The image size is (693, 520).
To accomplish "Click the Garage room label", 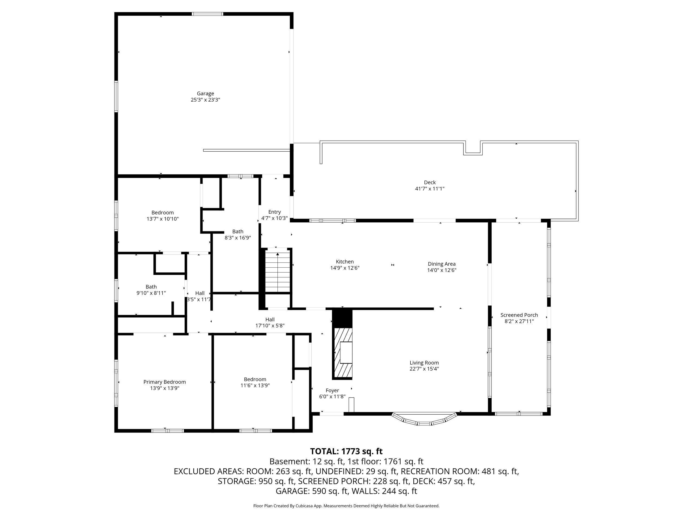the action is coord(205,93).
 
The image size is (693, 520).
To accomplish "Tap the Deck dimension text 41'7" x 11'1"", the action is coord(430,189).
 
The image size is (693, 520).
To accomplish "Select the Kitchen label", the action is coord(345,262).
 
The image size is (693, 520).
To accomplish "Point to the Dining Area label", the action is coord(442,264).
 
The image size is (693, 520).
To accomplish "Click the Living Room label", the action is coord(424,363).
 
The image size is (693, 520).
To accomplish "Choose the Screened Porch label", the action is coord(519,315).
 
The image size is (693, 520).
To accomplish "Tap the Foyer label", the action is coord(332,391).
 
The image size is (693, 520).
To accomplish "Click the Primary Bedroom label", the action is coord(165,382).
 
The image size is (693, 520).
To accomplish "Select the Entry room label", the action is coord(274,212).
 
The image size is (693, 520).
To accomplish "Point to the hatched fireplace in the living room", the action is coord(343,352).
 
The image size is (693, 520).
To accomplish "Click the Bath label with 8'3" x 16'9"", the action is coord(238,232).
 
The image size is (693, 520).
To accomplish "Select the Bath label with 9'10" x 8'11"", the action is coord(151,287).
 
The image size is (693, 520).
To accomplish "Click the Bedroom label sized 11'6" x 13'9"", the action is coord(255,379).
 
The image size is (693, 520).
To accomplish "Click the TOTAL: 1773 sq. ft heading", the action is coord(346,451).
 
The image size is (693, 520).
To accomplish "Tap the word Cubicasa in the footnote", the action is coord(303,506).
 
